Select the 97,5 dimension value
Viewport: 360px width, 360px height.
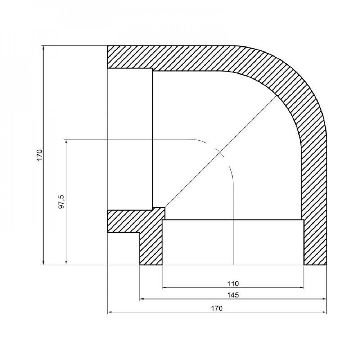62,202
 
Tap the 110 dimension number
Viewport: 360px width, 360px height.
233,283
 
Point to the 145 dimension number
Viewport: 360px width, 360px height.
233,295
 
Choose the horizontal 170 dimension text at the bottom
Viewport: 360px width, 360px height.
217,308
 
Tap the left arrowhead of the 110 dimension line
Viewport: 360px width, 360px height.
165,288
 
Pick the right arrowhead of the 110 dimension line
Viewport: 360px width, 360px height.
302,288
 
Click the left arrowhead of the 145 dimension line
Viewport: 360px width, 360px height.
142,299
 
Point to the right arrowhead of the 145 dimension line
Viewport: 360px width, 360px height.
324,299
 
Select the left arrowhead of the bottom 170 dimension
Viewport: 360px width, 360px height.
110,312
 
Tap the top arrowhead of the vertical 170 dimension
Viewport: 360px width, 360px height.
43,48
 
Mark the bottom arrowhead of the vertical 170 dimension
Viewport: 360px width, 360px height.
43,263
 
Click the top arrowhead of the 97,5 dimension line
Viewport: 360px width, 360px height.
66,141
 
